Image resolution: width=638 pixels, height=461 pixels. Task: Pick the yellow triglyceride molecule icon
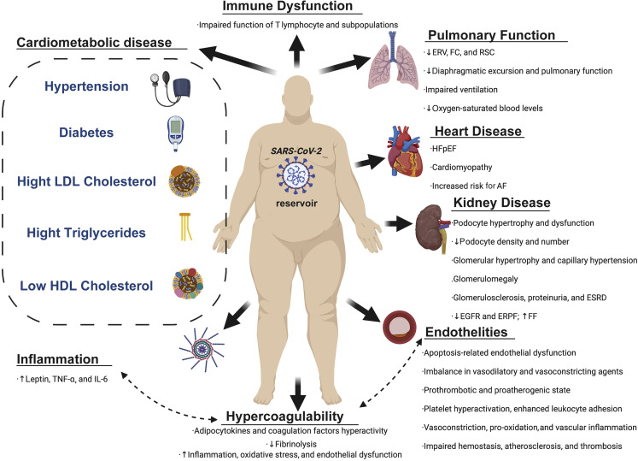point(183,226)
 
